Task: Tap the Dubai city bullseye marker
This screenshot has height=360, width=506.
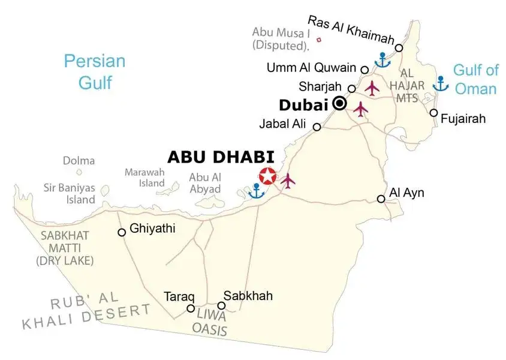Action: [x=340, y=104]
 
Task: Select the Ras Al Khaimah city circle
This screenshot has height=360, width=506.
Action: [x=399, y=47]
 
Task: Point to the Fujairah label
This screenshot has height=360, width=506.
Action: [x=463, y=119]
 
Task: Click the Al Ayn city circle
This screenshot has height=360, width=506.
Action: [x=381, y=199]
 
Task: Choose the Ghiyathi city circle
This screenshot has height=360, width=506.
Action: [x=122, y=232]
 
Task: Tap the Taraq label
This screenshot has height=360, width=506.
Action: [x=179, y=296]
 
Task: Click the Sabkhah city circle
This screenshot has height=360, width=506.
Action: [x=221, y=306]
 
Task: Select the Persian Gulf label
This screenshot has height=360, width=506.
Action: [x=95, y=71]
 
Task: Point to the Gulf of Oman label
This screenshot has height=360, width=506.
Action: [x=475, y=79]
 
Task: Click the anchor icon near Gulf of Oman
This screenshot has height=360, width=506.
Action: [x=441, y=83]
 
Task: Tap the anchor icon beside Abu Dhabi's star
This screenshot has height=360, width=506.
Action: [x=257, y=191]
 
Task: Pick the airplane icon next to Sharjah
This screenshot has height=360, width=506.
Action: [x=372, y=88]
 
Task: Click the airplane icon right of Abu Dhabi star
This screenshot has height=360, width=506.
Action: [x=288, y=179]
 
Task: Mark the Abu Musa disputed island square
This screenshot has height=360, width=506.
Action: [x=318, y=40]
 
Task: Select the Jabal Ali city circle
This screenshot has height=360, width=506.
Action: [x=317, y=127]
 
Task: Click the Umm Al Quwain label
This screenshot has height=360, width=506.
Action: [x=312, y=68]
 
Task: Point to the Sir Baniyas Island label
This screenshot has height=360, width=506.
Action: [x=69, y=193]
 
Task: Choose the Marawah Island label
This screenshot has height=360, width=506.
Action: [x=144, y=178]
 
